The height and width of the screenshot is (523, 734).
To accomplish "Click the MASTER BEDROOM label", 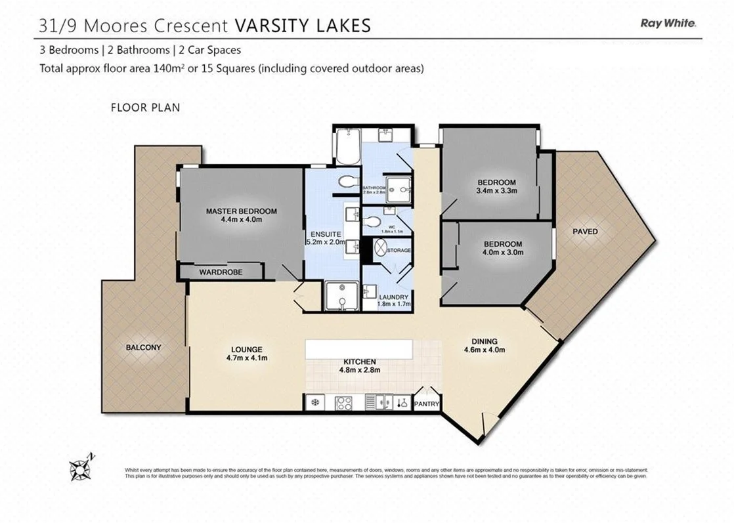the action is tap(241, 211).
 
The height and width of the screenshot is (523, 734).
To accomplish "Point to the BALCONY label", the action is tap(143, 347).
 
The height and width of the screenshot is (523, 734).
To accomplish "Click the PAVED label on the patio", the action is tap(584, 232).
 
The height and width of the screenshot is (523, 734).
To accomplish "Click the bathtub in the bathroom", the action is tap(345, 146).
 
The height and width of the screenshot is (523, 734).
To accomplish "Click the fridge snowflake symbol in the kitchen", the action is tap(314, 402).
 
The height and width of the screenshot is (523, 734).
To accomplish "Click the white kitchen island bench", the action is tap(358, 348).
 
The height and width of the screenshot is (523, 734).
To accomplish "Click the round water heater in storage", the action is tap(381, 249).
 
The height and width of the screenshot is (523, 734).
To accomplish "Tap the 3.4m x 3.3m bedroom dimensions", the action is tap(496, 192).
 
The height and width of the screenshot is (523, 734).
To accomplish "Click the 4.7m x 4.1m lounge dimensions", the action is tap(246, 358).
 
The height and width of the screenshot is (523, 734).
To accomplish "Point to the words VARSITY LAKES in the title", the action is tap(303, 26).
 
